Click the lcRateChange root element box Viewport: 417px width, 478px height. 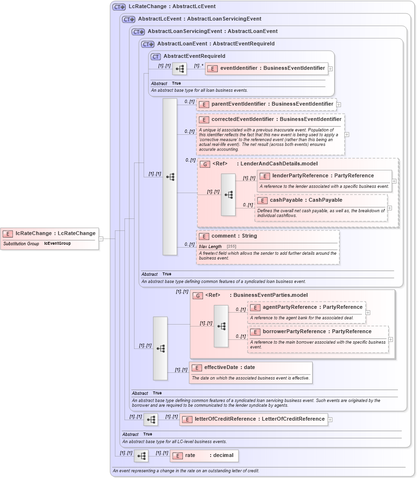[50, 233]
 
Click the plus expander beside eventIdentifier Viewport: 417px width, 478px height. [330, 69]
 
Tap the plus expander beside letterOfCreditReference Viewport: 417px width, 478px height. [330, 420]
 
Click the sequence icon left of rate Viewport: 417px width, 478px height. [141, 456]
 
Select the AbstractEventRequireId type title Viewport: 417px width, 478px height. [194, 56]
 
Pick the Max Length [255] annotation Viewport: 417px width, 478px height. [218, 247]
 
